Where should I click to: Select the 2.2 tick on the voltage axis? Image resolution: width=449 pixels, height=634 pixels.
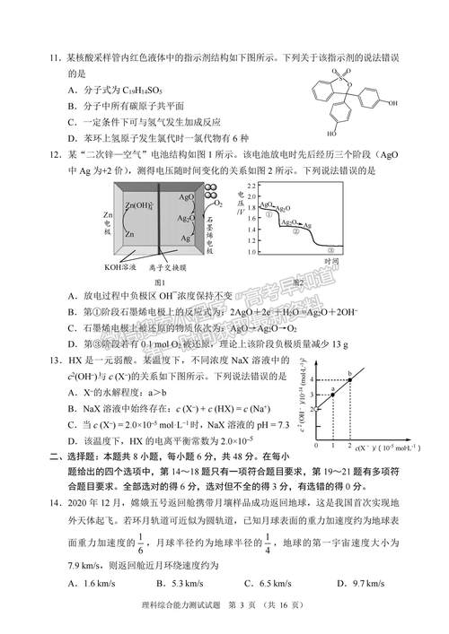pos(252,183)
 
